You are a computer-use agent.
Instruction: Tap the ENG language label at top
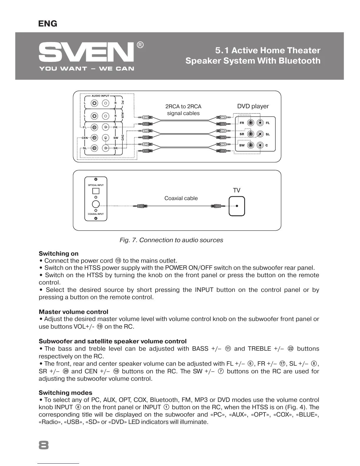[x=48, y=24]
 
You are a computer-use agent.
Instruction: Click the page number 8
[x=44, y=445]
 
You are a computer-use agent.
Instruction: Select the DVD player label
[x=253, y=106]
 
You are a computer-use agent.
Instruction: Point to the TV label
[x=236, y=190]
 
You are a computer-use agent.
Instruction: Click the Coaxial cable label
[x=181, y=198]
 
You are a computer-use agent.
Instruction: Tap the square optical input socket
[x=96, y=191]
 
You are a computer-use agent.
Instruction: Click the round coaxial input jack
[x=96, y=204]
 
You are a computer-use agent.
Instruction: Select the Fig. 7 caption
[x=171, y=240]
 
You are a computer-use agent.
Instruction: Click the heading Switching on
[x=59, y=254]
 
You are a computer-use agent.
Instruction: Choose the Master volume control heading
[x=74, y=312]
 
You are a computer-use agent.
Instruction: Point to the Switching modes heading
[x=65, y=393]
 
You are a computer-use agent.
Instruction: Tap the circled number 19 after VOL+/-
[x=100, y=327]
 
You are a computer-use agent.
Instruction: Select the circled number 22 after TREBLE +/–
[x=291, y=349]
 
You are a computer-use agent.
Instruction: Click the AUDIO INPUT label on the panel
[x=100, y=96]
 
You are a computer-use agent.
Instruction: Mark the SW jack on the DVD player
[x=251, y=145]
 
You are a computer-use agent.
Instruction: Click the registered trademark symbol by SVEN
[x=140, y=45]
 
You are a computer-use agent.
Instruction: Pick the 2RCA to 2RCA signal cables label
[x=183, y=110]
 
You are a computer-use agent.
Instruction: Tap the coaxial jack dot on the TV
[x=237, y=206]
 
